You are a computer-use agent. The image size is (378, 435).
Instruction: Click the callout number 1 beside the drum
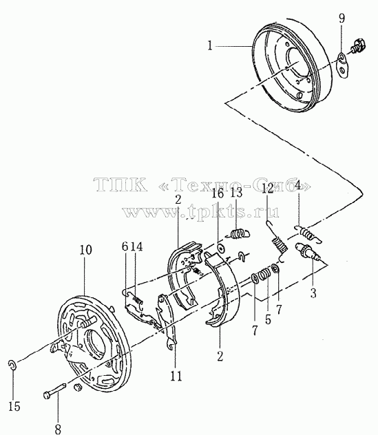coord(210,45)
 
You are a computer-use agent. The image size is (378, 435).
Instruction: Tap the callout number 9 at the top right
coord(342,19)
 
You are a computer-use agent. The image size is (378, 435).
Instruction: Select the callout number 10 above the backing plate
coord(85,250)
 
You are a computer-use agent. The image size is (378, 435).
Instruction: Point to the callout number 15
coord(14,407)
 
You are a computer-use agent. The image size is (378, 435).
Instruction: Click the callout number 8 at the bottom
coord(58,429)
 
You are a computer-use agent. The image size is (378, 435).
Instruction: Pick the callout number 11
coord(176,376)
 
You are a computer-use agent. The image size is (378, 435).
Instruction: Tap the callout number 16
coord(218,193)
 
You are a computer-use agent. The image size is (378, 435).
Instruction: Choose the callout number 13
coord(236,193)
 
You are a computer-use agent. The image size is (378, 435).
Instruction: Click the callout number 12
coord(268,189)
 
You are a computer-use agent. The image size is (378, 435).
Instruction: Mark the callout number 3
coord(313,293)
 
